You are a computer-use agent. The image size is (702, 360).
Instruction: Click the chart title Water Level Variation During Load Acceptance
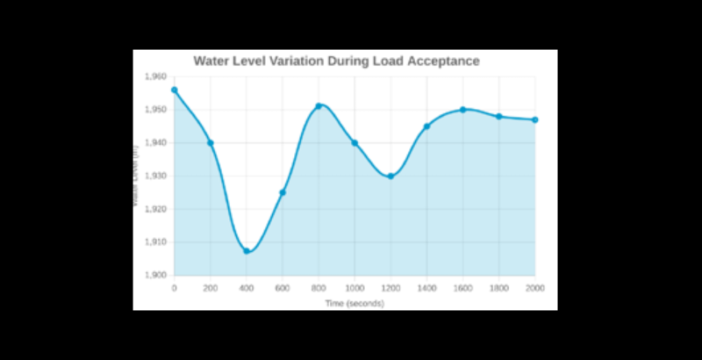pyautogui.click(x=336, y=61)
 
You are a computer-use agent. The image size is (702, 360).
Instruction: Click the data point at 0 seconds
pyautogui.click(x=175, y=90)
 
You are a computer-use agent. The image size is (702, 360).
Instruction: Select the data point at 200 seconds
pyautogui.click(x=211, y=143)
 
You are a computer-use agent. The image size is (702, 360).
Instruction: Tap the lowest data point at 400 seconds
pyautogui.click(x=247, y=251)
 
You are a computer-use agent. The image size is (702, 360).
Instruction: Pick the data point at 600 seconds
pyautogui.click(x=283, y=192)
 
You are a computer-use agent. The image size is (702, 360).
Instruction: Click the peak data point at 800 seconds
pyautogui.click(x=319, y=106)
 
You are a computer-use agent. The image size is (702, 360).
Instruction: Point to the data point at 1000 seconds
pyautogui.click(x=355, y=143)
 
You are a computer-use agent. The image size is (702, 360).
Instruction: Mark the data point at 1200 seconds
pyautogui.click(x=390, y=176)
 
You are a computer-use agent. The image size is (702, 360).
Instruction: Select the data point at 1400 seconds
pyautogui.click(x=426, y=126)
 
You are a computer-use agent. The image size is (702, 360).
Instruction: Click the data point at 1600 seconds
pyautogui.click(x=462, y=110)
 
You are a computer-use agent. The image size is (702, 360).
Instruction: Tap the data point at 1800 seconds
pyautogui.click(x=498, y=117)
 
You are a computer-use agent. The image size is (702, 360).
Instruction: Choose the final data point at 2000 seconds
pyautogui.click(x=534, y=119)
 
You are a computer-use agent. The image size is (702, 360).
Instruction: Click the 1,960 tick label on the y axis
pyautogui.click(x=154, y=77)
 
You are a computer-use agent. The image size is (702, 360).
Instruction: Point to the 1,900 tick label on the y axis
pyautogui.click(x=154, y=275)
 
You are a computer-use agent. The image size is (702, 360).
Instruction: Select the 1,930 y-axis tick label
pyautogui.click(x=154, y=176)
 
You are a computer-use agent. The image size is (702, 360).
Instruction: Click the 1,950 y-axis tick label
pyautogui.click(x=154, y=110)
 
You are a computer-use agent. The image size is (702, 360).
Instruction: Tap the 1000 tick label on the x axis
pyautogui.click(x=355, y=288)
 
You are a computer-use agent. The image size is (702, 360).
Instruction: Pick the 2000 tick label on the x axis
pyautogui.click(x=534, y=288)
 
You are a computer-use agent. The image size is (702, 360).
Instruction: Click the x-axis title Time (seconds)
pyautogui.click(x=355, y=303)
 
